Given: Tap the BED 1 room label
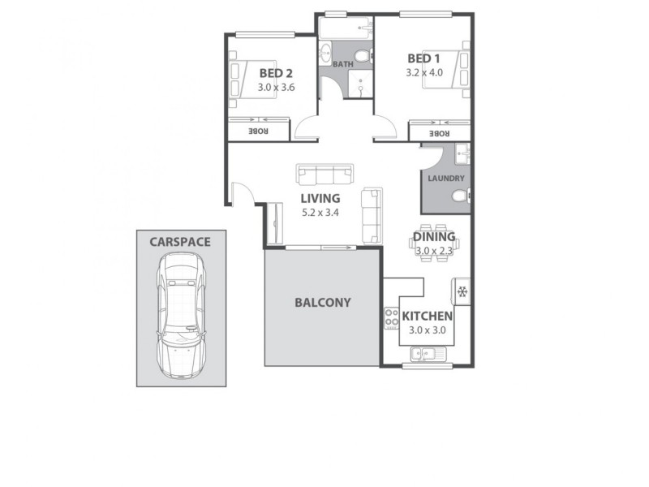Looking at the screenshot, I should (423, 58).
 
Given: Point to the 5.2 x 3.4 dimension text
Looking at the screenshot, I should (320, 213).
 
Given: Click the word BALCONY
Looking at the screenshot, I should (322, 303).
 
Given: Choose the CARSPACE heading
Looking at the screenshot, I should (179, 241).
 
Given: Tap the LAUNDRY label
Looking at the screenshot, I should (445, 179).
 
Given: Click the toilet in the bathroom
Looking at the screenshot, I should (362, 56).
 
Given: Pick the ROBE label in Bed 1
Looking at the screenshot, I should (439, 133).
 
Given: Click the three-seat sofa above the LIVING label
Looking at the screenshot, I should (325, 174).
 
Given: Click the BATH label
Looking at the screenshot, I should (342, 63).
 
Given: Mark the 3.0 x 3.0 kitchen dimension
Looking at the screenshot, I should (428, 330).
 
